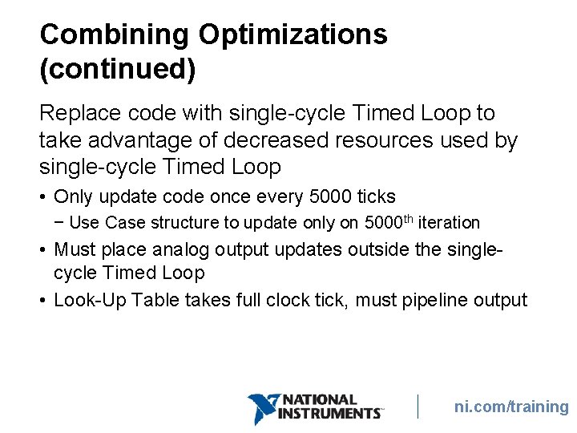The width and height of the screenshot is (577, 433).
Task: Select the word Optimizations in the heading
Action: point(293,34)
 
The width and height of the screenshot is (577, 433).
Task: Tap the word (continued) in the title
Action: point(117,70)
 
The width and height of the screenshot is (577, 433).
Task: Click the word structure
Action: point(180,223)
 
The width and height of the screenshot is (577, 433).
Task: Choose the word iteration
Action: point(450,223)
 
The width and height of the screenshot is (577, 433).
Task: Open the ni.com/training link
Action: point(511,407)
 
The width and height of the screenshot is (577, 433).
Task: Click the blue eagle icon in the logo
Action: point(261,407)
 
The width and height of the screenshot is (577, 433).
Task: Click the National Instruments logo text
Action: point(329,407)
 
